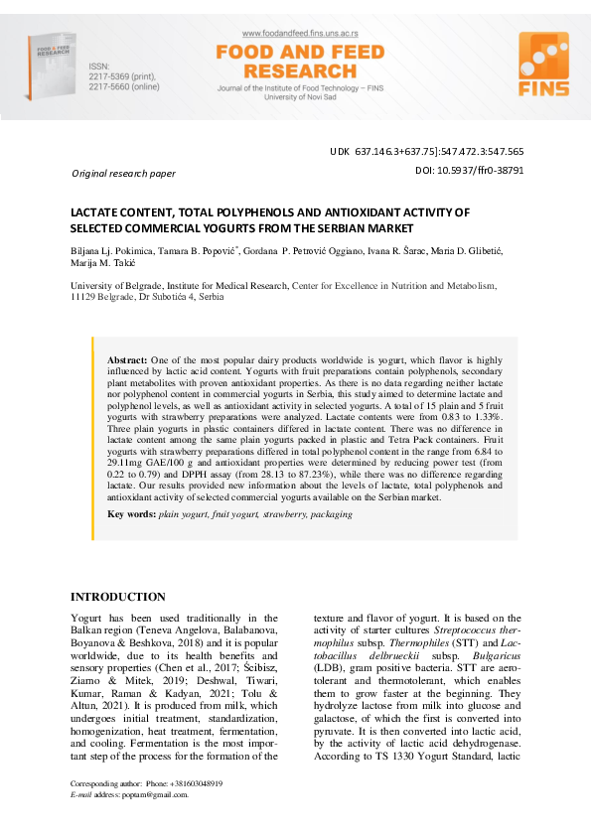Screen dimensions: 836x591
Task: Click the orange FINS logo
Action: point(543,66)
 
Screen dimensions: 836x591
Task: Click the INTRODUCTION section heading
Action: point(117,597)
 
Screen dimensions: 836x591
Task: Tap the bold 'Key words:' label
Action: point(131,514)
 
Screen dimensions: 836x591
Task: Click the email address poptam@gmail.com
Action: point(154,795)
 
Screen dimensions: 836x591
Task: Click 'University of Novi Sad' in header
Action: point(286,97)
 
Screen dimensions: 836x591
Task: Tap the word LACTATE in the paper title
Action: point(99,211)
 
